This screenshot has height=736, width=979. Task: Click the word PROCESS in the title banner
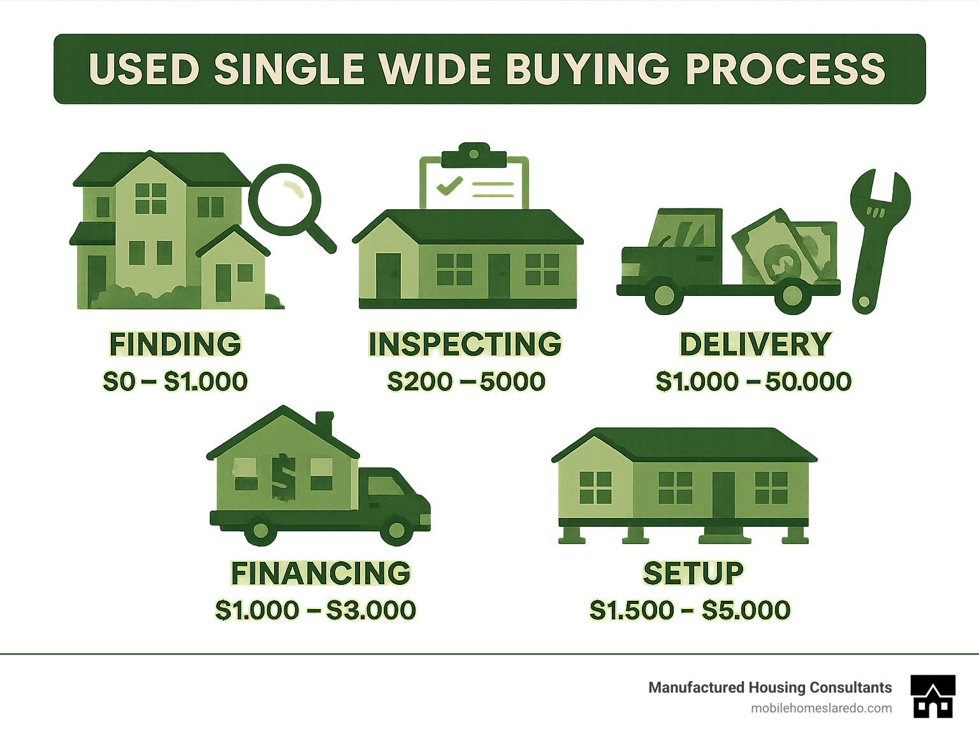[x=785, y=69]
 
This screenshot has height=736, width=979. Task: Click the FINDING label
[x=175, y=344]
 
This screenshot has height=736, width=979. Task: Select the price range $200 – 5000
[x=466, y=381]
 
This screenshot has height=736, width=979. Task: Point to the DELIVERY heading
[x=755, y=344]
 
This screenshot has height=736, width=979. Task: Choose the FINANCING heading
[x=321, y=573]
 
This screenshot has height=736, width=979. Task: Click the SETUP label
[x=693, y=573]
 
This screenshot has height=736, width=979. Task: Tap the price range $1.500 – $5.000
[x=690, y=610]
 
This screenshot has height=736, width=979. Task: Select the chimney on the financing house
[x=324, y=424]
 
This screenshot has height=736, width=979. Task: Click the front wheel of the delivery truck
[x=664, y=295]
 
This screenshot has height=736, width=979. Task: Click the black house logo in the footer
[x=932, y=696]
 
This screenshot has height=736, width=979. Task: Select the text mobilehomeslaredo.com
[x=821, y=708]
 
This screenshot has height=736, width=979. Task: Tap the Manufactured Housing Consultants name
[x=770, y=688]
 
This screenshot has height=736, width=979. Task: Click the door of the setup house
[x=723, y=494]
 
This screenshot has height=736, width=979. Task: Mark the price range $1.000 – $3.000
[x=315, y=610]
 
